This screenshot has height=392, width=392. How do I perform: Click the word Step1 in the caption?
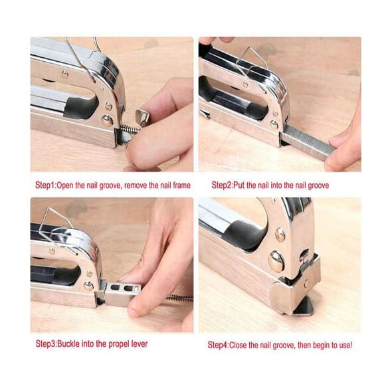pyautogui.click(x=46, y=185)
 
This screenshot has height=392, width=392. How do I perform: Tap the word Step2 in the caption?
pyautogui.click(x=223, y=185)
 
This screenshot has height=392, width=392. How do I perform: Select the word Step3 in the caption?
pyautogui.click(x=47, y=343)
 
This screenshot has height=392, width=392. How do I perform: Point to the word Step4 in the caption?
pyautogui.click(x=218, y=345)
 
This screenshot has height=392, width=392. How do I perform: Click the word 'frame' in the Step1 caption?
pyautogui.click(x=182, y=185)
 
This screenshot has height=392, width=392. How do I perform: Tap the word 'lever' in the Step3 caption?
pyautogui.click(x=140, y=343)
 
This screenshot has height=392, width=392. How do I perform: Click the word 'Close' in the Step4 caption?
pyautogui.click(x=237, y=345)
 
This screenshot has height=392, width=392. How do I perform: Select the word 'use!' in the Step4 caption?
pyautogui.click(x=345, y=345)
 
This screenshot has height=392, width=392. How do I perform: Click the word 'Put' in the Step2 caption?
pyautogui.click(x=239, y=185)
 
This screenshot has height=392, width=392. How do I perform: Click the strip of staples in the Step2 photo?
pyautogui.click(x=308, y=142)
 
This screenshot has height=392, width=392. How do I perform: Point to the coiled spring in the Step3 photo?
pyautogui.click(x=179, y=298)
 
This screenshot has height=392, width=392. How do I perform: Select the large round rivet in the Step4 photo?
pyautogui.click(x=276, y=261)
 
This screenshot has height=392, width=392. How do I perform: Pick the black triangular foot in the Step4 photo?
pyautogui.click(x=303, y=306)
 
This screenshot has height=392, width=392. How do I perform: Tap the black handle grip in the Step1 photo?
pyautogui.click(x=80, y=107)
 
